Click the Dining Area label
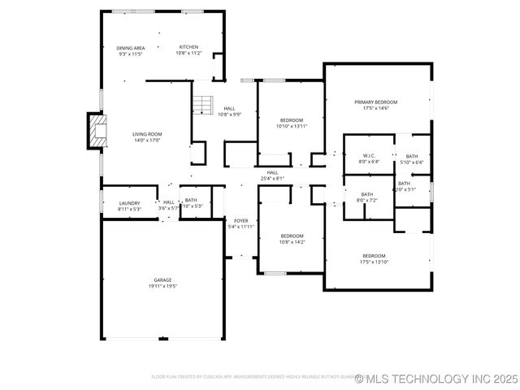pos(130,48)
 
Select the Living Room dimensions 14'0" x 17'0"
pos(147,141)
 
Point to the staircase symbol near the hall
pos(202,105)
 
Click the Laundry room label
pos(129,203)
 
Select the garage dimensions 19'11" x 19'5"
pos(162,286)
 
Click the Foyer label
pos(240,220)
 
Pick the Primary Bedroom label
pos(375,102)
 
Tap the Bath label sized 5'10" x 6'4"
pos(412,156)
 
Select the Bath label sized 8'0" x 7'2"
pos(367,194)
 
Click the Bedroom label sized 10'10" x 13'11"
pos(290,120)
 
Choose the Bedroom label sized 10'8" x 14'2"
pos(292,236)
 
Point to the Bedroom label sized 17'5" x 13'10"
pos(375,256)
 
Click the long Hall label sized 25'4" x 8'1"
pos(272,172)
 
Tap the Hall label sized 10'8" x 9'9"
pos(230,109)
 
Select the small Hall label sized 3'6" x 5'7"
pos(169,202)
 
